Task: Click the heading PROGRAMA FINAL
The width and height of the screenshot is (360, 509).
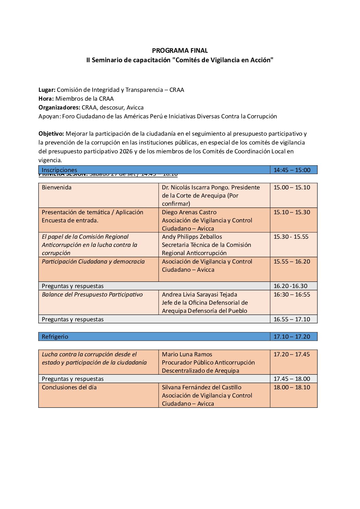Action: pyautogui.click(x=180, y=51)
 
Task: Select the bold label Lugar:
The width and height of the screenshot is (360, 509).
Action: pyautogui.click(x=47, y=90)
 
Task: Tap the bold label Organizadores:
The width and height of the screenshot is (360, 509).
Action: pyautogui.click(x=59, y=108)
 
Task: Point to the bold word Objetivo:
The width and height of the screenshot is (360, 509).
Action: pyautogui.click(x=51, y=134)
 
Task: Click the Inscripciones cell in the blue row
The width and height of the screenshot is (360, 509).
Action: pyautogui.click(x=59, y=170)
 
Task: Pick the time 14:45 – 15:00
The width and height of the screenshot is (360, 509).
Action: pyautogui.click(x=292, y=170)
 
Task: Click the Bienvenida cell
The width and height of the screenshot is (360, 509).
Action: pyautogui.click(x=56, y=187)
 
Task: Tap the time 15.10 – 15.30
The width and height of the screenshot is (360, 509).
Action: pyautogui.click(x=292, y=212)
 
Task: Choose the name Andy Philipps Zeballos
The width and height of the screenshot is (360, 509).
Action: pyautogui.click(x=192, y=237)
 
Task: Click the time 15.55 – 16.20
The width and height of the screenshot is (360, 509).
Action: pyautogui.click(x=292, y=261)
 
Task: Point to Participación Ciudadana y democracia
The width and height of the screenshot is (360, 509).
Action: pyautogui.click(x=93, y=261)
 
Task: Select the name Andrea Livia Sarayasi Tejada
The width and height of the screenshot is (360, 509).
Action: pyautogui.click(x=199, y=294)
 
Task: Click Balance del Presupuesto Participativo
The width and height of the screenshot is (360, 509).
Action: pyautogui.click(x=92, y=294)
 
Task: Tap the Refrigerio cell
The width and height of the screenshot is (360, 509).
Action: pyautogui.click(x=55, y=337)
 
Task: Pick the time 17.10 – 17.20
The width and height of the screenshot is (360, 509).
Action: pyautogui.click(x=292, y=337)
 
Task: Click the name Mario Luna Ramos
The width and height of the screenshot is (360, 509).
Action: pyautogui.click(x=187, y=354)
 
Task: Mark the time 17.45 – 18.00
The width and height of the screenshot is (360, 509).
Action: pyautogui.click(x=292, y=379)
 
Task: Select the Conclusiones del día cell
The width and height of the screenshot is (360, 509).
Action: pyautogui.click(x=69, y=387)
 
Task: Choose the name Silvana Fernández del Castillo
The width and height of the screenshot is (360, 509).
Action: pyautogui.click(x=201, y=387)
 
